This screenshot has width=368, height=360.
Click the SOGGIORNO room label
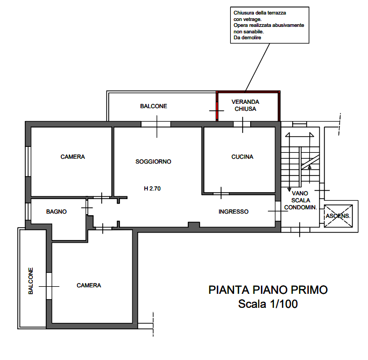click(153, 161)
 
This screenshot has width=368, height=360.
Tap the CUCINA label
click(242, 157)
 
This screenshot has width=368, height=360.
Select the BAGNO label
click(56, 212)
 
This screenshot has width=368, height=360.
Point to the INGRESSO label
click(233, 212)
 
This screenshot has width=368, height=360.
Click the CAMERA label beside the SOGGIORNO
click(73, 157)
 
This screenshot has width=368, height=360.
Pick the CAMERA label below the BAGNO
click(89, 285)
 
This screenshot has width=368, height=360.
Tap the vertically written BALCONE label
click(31, 281)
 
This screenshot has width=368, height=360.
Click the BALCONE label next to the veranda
click(154, 107)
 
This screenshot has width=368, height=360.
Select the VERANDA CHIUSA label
click(245, 105)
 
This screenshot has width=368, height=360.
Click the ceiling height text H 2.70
click(152, 189)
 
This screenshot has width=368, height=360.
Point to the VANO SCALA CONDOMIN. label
click(300, 200)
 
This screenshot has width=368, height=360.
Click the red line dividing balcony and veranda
click(216, 106)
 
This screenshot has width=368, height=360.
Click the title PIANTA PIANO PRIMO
click(268, 290)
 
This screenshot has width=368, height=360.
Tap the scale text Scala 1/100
click(268, 304)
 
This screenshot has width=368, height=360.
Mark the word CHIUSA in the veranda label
click(245, 109)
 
